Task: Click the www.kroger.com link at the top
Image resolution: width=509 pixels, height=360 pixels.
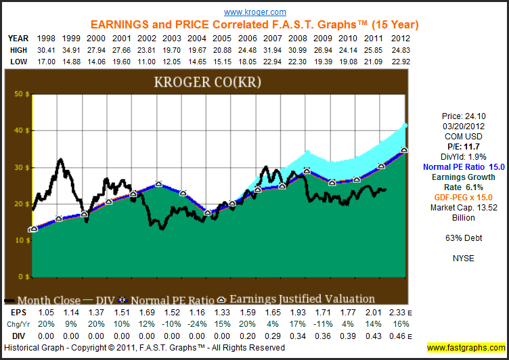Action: [255, 12]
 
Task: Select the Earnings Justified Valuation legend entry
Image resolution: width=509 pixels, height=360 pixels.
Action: [300, 299]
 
